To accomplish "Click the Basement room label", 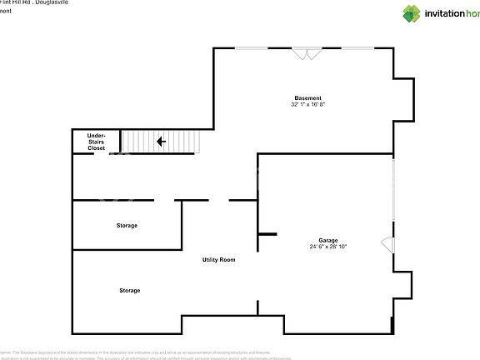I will tap(307, 98).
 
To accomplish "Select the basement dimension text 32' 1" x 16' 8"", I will tap(307, 105).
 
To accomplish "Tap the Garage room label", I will tap(327, 239).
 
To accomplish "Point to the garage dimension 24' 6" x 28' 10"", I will tap(327, 247).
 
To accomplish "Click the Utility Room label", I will tap(218, 260).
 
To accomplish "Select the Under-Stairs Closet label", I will tap(97, 142).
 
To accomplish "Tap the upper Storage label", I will tap(127, 226).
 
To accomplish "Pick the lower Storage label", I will tap(129, 291).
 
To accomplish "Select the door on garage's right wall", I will tap(388, 244).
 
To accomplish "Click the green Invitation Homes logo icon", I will tap(412, 12).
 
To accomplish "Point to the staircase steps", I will tap(162, 142).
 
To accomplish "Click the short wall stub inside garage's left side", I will tap(267, 235).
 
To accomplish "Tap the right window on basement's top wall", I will tap(358, 48).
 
